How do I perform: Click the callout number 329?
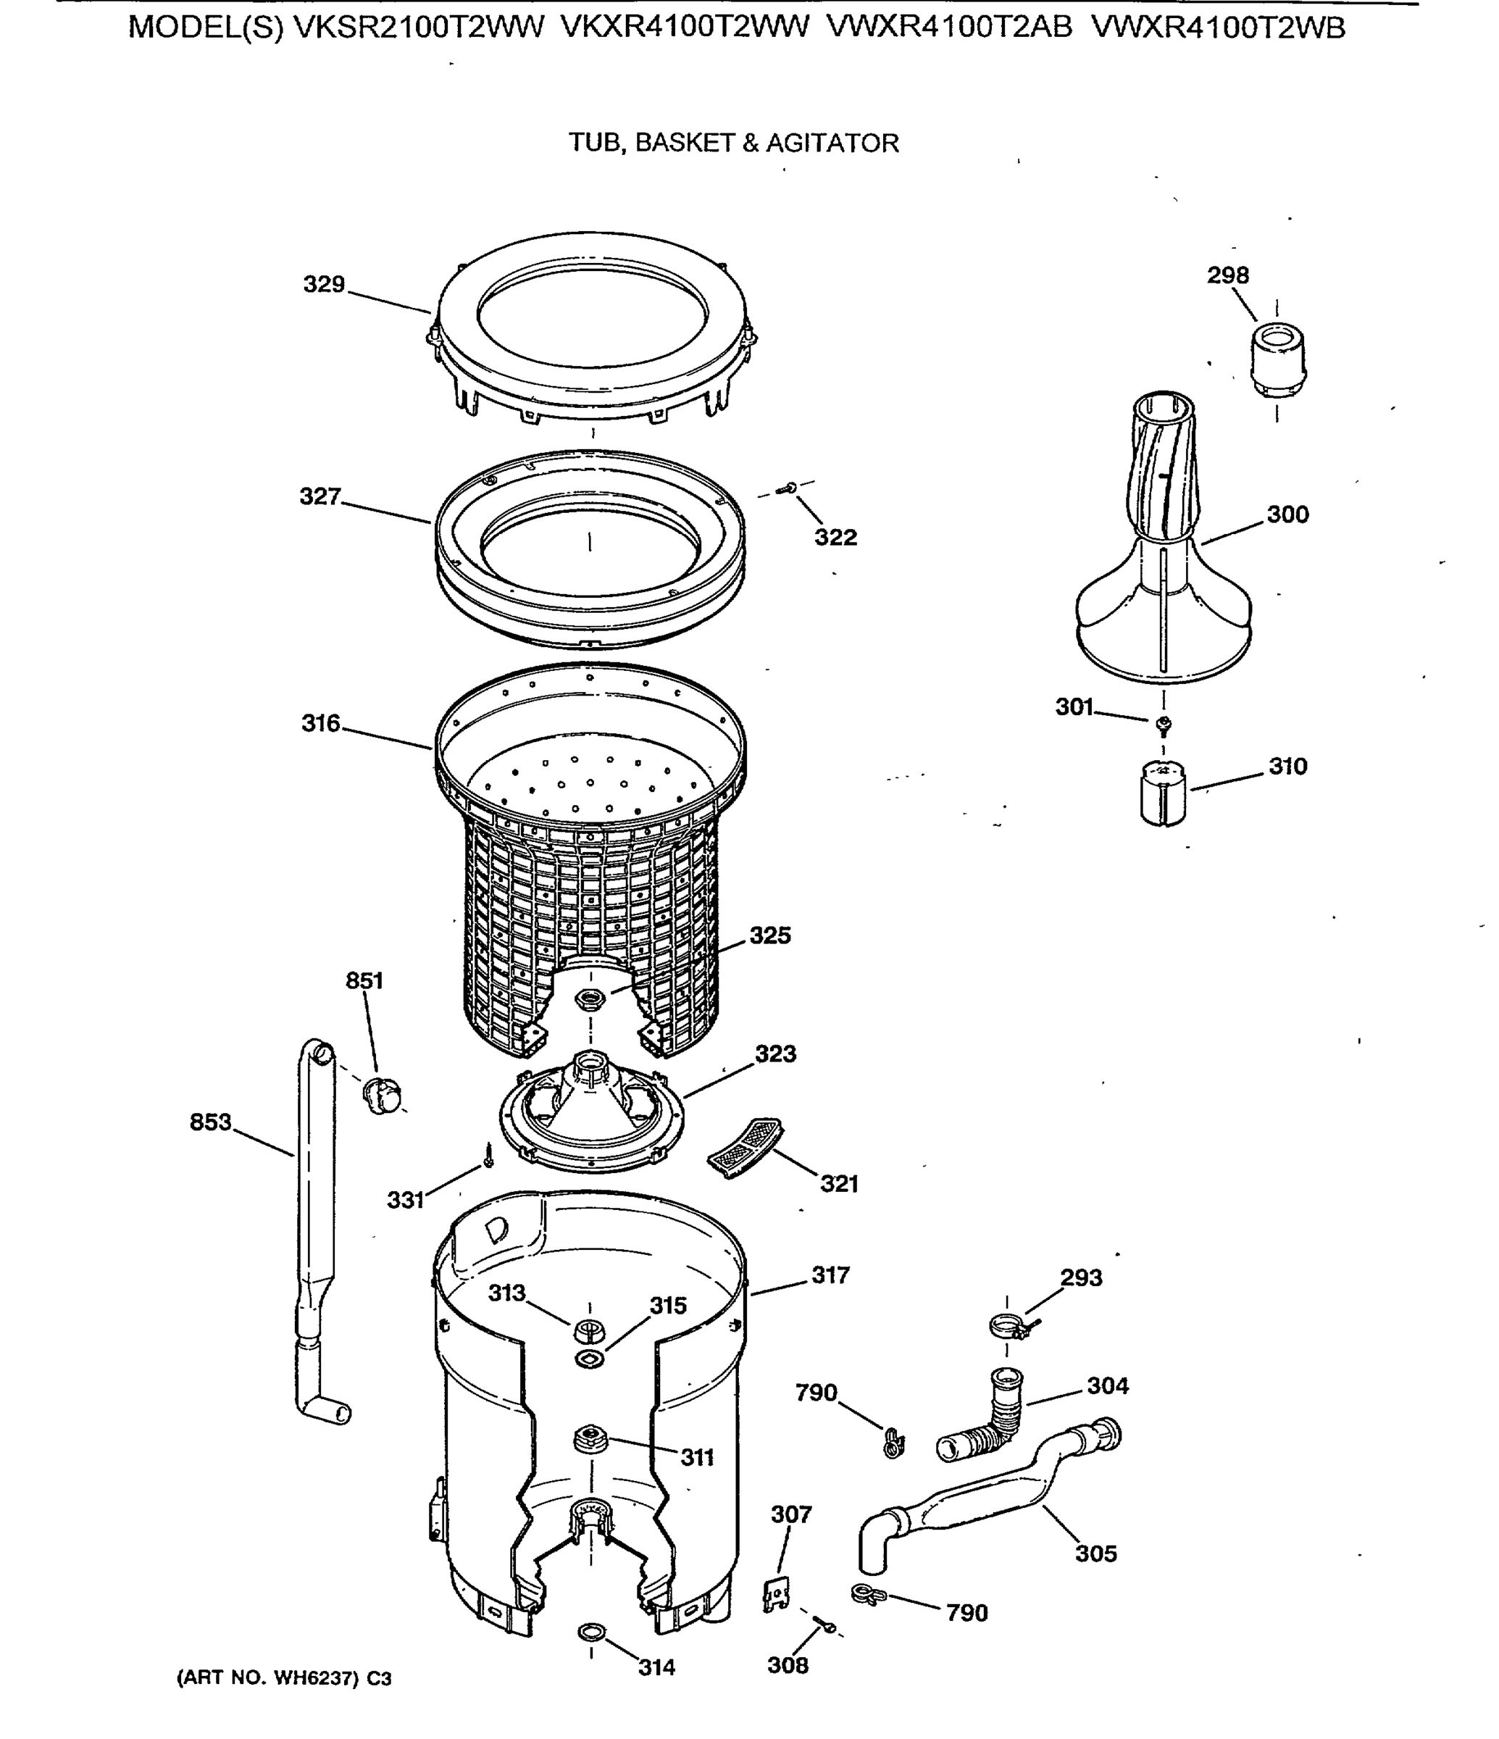pyautogui.click(x=324, y=285)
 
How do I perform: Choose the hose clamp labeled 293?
pyautogui.click(x=1010, y=1326)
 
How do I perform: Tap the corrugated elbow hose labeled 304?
pyautogui.click(x=986, y=1421)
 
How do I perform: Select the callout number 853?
pyautogui.click(x=210, y=1122)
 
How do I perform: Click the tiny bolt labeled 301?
pyautogui.click(x=1164, y=723)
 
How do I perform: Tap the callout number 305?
pyautogui.click(x=1095, y=1554)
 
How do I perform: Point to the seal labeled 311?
pyautogui.click(x=590, y=1439)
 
